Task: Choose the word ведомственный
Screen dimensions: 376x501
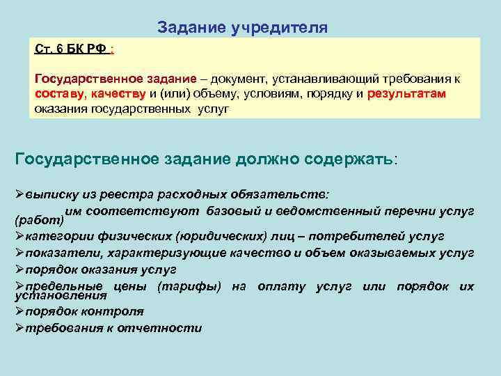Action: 341,210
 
